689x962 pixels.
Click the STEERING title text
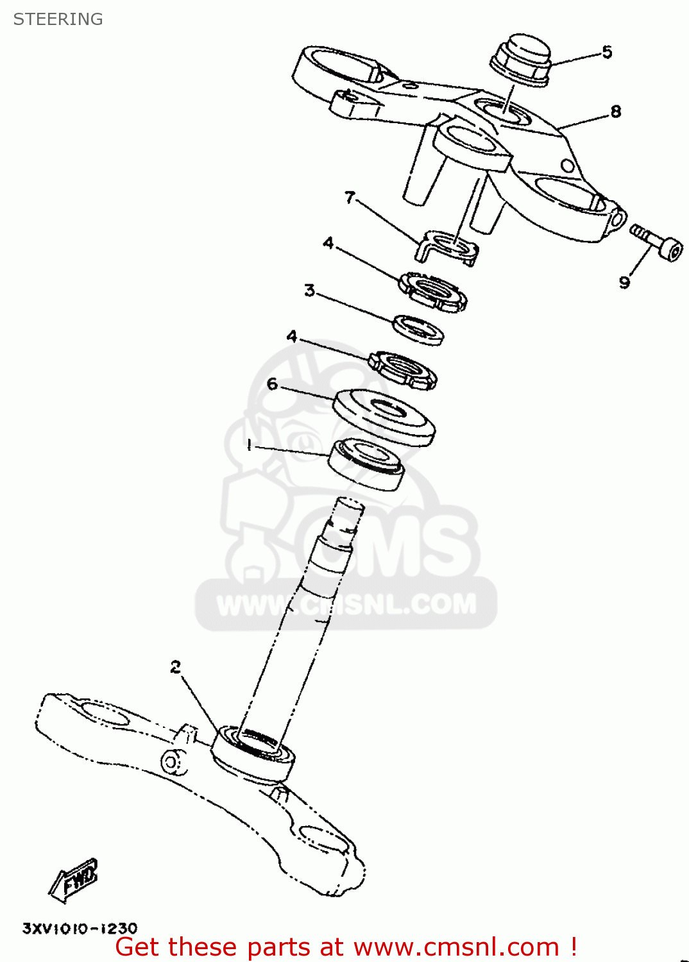(58, 19)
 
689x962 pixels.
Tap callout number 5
(607, 52)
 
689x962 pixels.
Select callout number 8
(615, 112)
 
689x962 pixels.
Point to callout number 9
(624, 282)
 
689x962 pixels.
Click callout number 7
(350, 197)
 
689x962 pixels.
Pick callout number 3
(310, 291)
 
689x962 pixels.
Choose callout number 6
(273, 384)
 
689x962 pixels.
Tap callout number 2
(176, 667)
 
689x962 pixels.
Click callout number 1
(249, 445)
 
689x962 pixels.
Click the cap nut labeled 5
(521, 59)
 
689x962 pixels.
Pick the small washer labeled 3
(418, 329)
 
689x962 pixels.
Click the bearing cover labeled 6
(384, 417)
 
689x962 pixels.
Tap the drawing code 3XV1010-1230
(80, 928)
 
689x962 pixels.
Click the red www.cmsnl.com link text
(456, 947)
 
